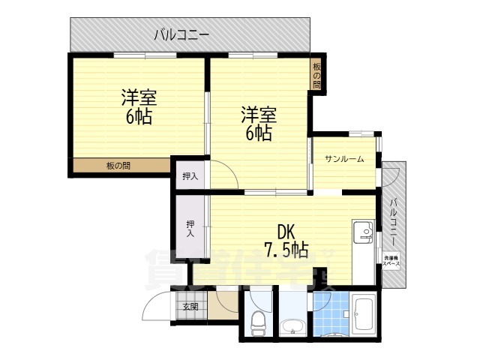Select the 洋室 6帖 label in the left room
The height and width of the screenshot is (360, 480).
click(139, 107)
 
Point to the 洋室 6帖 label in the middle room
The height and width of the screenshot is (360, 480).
click(259, 124)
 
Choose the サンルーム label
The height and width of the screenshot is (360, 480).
click(344, 159)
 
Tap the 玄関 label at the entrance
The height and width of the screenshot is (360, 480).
click(190, 306)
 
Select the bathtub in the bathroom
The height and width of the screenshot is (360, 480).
click(367, 314)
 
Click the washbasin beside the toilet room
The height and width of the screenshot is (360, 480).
click(292, 325)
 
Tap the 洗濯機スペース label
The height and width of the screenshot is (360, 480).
click(391, 262)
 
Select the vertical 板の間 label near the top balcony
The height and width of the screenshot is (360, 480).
click(316, 75)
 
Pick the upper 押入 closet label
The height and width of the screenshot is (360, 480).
click(190, 177)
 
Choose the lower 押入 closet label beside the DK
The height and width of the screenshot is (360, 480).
click(190, 228)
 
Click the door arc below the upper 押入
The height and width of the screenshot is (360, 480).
click(223, 178)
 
